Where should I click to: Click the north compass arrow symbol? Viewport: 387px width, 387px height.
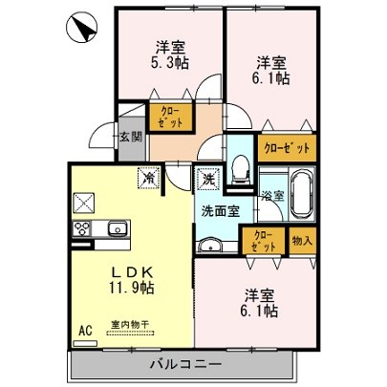(x=80, y=28)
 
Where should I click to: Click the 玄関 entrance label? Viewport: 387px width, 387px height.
(x=131, y=137)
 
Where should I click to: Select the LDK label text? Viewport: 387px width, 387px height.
(x=132, y=270)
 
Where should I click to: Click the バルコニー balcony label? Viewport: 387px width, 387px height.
(x=185, y=365)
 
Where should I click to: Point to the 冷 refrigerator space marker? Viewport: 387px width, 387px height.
(x=149, y=177)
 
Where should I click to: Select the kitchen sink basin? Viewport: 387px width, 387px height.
(x=118, y=228)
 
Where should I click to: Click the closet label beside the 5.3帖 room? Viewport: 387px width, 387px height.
(x=167, y=117)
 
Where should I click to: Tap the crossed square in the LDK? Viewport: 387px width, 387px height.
(x=85, y=202)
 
